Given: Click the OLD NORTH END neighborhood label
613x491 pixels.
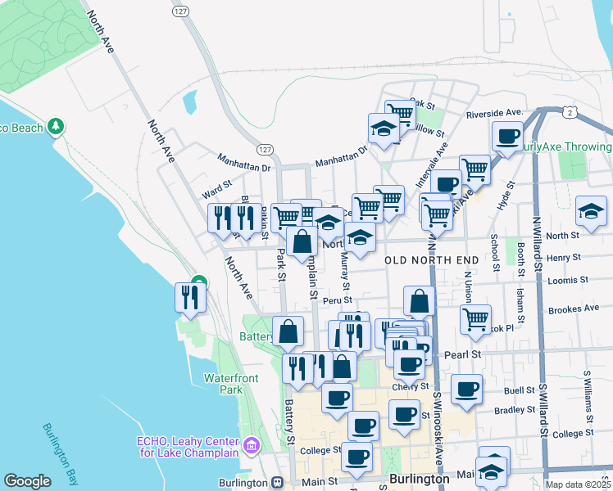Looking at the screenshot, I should point(431,260).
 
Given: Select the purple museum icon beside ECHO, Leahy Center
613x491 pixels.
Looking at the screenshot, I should point(252,446).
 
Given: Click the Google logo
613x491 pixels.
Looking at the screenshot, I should point(27,481).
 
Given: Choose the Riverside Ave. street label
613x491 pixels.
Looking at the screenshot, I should point(494,113).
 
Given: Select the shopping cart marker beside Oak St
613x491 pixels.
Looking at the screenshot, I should point(399,114).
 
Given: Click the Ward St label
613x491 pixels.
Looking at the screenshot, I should point(217,186).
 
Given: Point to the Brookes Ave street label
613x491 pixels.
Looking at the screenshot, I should point(574,309).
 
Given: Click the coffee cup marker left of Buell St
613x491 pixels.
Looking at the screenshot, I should point(467,389).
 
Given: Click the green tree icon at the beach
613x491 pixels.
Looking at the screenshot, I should point(56,127).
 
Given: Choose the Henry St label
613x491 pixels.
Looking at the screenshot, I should point(563,257).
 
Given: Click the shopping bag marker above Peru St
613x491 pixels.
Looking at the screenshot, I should point(420,300).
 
